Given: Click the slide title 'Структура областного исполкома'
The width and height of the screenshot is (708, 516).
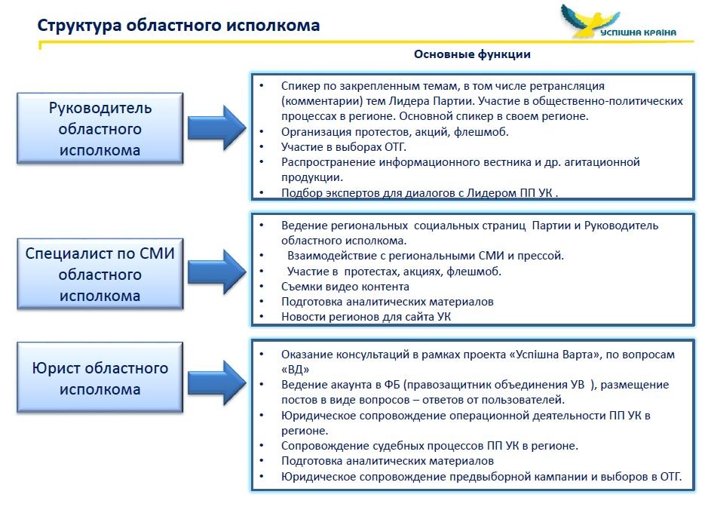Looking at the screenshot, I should (x=179, y=26).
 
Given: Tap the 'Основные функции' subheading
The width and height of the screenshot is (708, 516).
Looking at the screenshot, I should (x=472, y=54).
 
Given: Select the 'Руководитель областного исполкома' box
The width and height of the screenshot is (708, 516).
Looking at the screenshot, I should (x=100, y=129).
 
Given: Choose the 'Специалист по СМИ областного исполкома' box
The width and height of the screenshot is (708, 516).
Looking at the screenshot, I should (x=100, y=274).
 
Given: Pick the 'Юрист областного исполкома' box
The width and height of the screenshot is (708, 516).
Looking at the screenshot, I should (x=100, y=379).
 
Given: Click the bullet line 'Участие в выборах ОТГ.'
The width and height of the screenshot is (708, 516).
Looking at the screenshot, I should (x=335, y=146).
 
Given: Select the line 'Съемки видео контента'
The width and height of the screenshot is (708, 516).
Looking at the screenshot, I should (x=345, y=287).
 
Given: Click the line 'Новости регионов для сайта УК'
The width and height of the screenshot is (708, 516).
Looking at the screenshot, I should (x=366, y=317).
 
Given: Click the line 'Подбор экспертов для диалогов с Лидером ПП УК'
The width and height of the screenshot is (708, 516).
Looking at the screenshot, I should (x=418, y=192).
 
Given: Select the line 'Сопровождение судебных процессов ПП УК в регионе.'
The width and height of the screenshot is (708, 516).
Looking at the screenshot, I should (x=430, y=445).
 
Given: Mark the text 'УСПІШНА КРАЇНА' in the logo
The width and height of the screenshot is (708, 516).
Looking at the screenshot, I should (x=638, y=32).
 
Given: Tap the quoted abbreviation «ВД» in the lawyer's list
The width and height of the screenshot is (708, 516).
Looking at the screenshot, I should (x=296, y=370).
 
